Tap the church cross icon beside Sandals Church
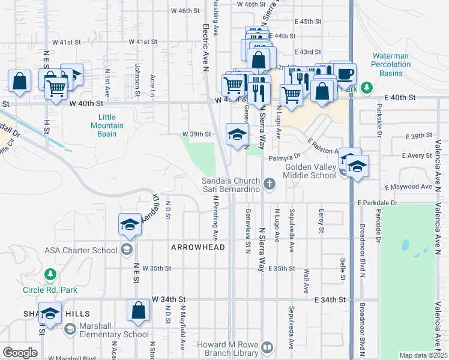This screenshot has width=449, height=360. click(x=270, y=184)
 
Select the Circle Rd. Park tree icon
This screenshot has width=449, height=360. click(x=50, y=275)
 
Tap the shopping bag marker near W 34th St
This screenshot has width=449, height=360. click(x=138, y=311)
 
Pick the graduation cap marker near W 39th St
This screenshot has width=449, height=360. click(x=237, y=134)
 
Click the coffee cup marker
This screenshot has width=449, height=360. click(x=345, y=74)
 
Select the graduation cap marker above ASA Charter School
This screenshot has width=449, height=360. click(x=130, y=225)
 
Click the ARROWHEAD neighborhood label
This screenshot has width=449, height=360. click(x=197, y=247)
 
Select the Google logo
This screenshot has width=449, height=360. click(x=20, y=353)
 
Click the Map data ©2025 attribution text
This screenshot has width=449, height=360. click(x=423, y=355)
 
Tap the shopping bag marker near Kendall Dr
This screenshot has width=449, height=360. click(x=20, y=82)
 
